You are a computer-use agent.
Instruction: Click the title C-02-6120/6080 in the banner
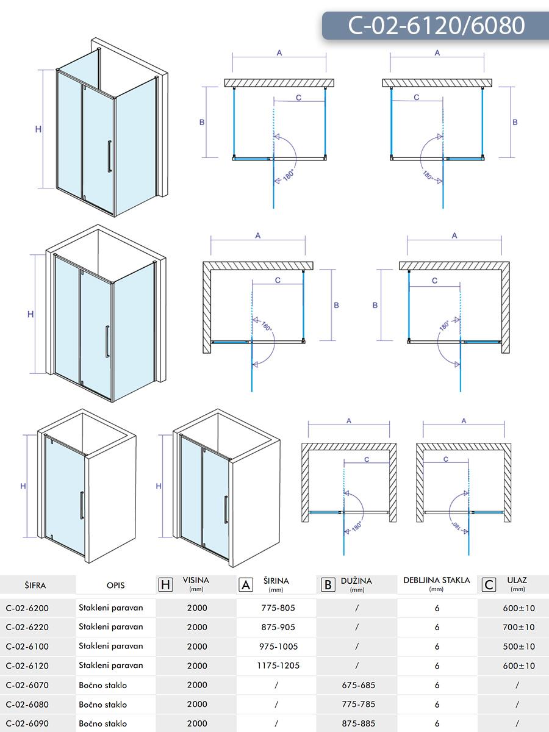point(436,26)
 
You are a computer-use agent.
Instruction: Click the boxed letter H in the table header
point(165,584)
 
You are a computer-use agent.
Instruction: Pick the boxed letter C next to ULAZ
point(489,584)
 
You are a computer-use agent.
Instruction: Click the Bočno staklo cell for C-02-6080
point(103,705)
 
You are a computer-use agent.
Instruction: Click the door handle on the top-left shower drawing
point(109,157)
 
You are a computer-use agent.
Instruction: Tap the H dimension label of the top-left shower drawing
point(38,129)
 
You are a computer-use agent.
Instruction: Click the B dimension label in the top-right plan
point(515,122)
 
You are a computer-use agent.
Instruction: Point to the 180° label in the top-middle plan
point(289,176)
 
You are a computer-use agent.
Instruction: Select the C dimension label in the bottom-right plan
point(446,459)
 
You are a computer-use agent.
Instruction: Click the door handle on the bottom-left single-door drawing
point(82,505)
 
